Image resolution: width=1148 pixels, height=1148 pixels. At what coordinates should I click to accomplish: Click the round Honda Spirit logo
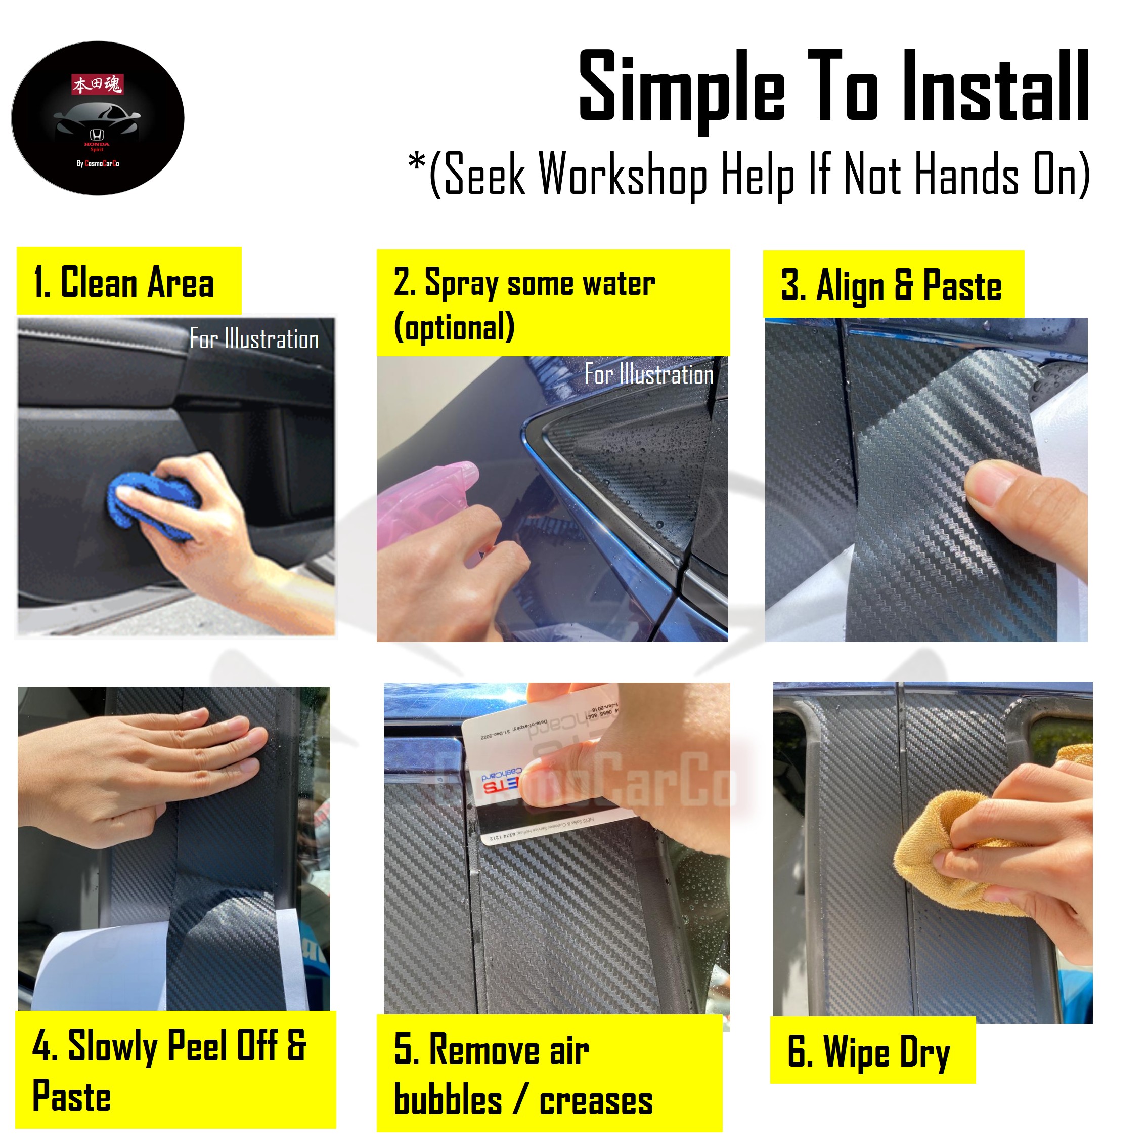coord(98,118)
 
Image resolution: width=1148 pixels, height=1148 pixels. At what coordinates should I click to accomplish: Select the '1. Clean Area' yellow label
coord(129,281)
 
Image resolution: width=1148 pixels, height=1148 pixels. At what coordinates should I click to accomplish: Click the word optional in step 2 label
coord(455,327)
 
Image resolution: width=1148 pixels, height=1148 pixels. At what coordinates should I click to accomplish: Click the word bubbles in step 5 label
coord(448,1100)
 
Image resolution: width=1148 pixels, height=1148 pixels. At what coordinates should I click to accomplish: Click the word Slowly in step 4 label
coord(113,1046)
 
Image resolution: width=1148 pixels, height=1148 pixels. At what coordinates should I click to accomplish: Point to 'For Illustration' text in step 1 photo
coord(254,339)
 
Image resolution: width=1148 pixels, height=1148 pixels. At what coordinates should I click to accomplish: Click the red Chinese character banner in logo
coord(97,84)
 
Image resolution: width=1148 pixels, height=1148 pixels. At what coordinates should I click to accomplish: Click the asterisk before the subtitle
coord(417,163)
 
